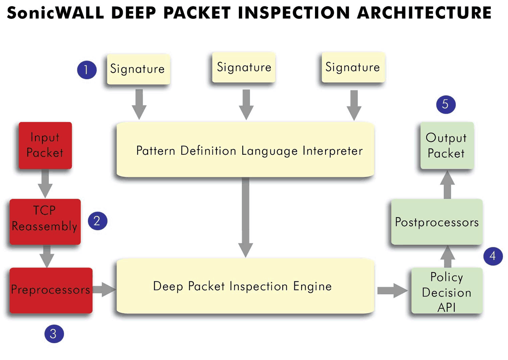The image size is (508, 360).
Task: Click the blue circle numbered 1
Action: click(87, 70)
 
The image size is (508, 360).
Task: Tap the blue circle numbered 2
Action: click(98, 221)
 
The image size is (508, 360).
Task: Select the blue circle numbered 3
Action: click(54, 334)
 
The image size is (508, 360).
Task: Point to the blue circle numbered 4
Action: click(493, 257)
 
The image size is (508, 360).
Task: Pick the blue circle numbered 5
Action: click(446, 105)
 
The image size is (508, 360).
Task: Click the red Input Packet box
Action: click(45, 146)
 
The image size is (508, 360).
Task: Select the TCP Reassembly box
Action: click(45, 222)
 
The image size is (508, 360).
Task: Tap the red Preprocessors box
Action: click(51, 290)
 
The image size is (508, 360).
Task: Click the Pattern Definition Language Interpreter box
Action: click(245, 150)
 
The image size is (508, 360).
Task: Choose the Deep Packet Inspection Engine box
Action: click(245, 286)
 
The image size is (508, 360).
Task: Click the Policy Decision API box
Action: click(447, 291)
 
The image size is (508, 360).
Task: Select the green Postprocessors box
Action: click(437, 222)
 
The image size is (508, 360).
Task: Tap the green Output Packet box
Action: click(447, 146)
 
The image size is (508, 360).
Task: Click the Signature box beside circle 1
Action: click(138, 69)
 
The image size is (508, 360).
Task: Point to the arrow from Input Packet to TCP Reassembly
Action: click(45, 184)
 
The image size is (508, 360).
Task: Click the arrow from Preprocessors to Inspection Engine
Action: click(104, 289)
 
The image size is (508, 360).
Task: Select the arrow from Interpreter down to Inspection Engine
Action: click(246, 217)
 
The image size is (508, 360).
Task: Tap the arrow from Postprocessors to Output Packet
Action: click(447, 184)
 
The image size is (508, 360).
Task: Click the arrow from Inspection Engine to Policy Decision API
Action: click(393, 290)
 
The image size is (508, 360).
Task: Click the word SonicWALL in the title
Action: click(56, 13)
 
